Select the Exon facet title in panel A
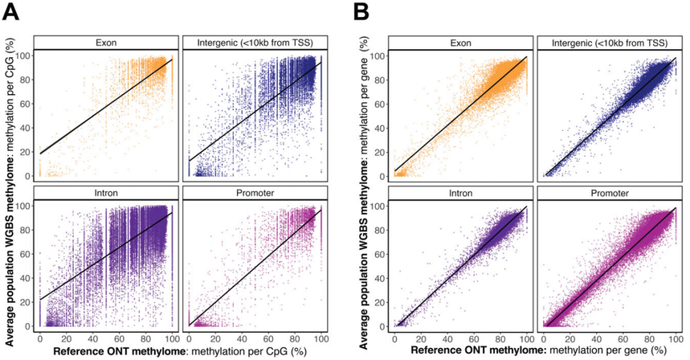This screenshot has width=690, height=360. pyautogui.click(x=107, y=42)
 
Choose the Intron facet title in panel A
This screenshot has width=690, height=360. pyautogui.click(x=107, y=194)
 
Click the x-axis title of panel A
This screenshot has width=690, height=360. pyautogui.click(x=180, y=351)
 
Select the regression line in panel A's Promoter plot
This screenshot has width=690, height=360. pyautogui.click(x=253, y=268)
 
